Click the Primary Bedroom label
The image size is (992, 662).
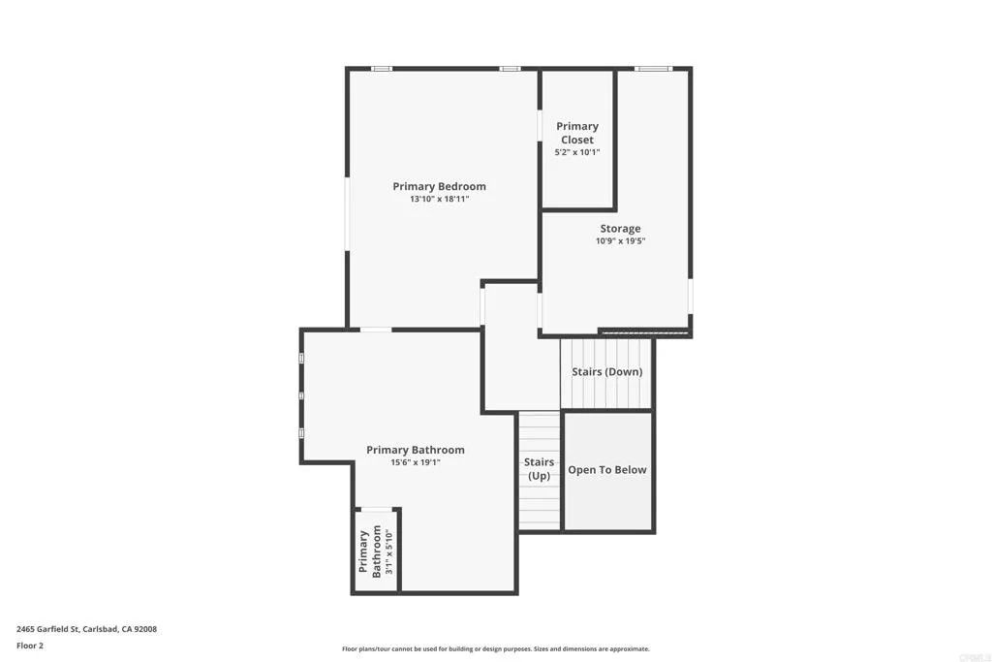tap(439, 186)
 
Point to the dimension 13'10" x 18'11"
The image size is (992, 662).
tap(439, 200)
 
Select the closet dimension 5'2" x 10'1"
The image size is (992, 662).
tap(577, 152)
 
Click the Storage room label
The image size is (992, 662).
tap(620, 229)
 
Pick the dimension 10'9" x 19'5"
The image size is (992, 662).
tap(620, 241)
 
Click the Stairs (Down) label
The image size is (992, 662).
tap(606, 372)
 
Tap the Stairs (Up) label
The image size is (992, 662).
tap(539, 469)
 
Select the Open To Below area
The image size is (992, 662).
tap(607, 470)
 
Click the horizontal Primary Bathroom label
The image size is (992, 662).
tap(415, 450)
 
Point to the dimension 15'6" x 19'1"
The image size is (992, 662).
tap(415, 462)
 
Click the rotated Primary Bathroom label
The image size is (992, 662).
tap(370, 551)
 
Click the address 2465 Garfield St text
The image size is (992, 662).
tap(86, 629)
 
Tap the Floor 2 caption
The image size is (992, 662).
tap(30, 645)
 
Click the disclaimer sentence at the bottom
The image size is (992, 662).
tap(495, 649)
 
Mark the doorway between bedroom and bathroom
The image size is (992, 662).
tap(376, 331)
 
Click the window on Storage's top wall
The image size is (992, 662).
tap(653, 69)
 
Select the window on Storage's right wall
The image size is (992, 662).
tap(690, 296)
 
